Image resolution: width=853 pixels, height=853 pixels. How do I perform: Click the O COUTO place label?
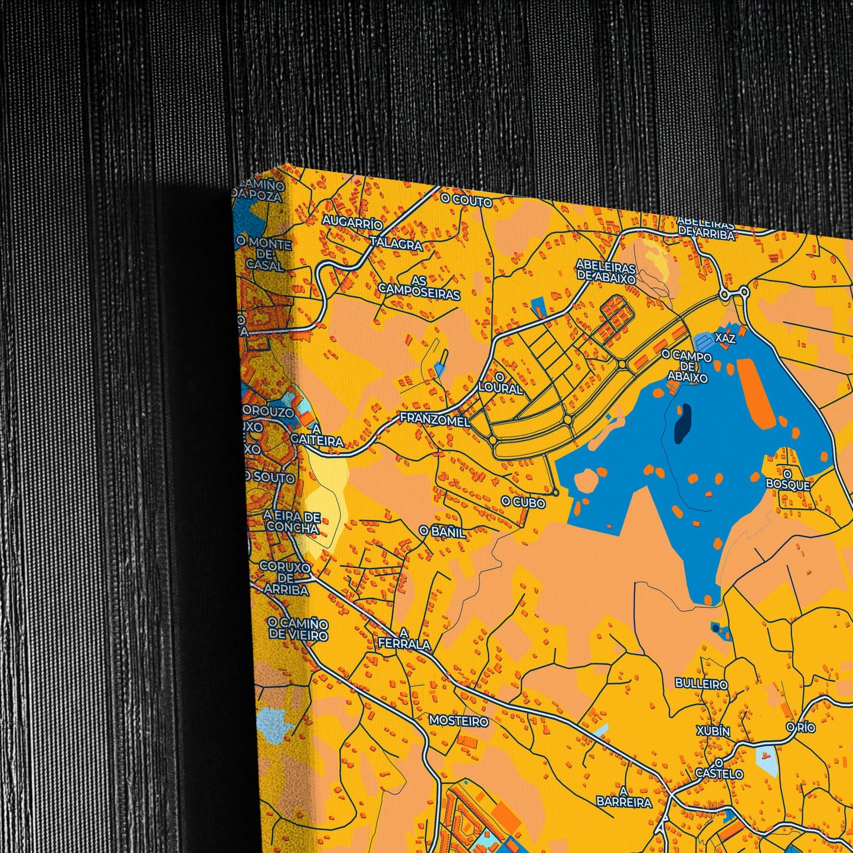pyautogui.click(x=466, y=201)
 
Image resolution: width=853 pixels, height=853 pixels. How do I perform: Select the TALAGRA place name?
pyautogui.click(x=396, y=244)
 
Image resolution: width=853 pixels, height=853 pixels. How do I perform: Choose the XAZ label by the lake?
pyautogui.click(x=725, y=338)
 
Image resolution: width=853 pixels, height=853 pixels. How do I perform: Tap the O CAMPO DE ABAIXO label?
pyautogui.click(x=687, y=366)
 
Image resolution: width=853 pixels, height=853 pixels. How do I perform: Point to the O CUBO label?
pyautogui.click(x=523, y=502)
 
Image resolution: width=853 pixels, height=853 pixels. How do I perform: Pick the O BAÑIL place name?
pyautogui.click(x=442, y=531)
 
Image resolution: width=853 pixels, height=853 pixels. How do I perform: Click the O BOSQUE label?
pyautogui.click(x=788, y=479)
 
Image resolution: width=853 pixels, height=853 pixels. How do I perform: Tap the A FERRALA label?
pyautogui.click(x=404, y=638)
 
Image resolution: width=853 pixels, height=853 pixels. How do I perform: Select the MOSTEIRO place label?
pyautogui.click(x=459, y=721)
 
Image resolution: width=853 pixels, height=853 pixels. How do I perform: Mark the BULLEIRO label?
pyautogui.click(x=701, y=684)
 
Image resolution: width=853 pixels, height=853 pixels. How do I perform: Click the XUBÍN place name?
pyautogui.click(x=713, y=731)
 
